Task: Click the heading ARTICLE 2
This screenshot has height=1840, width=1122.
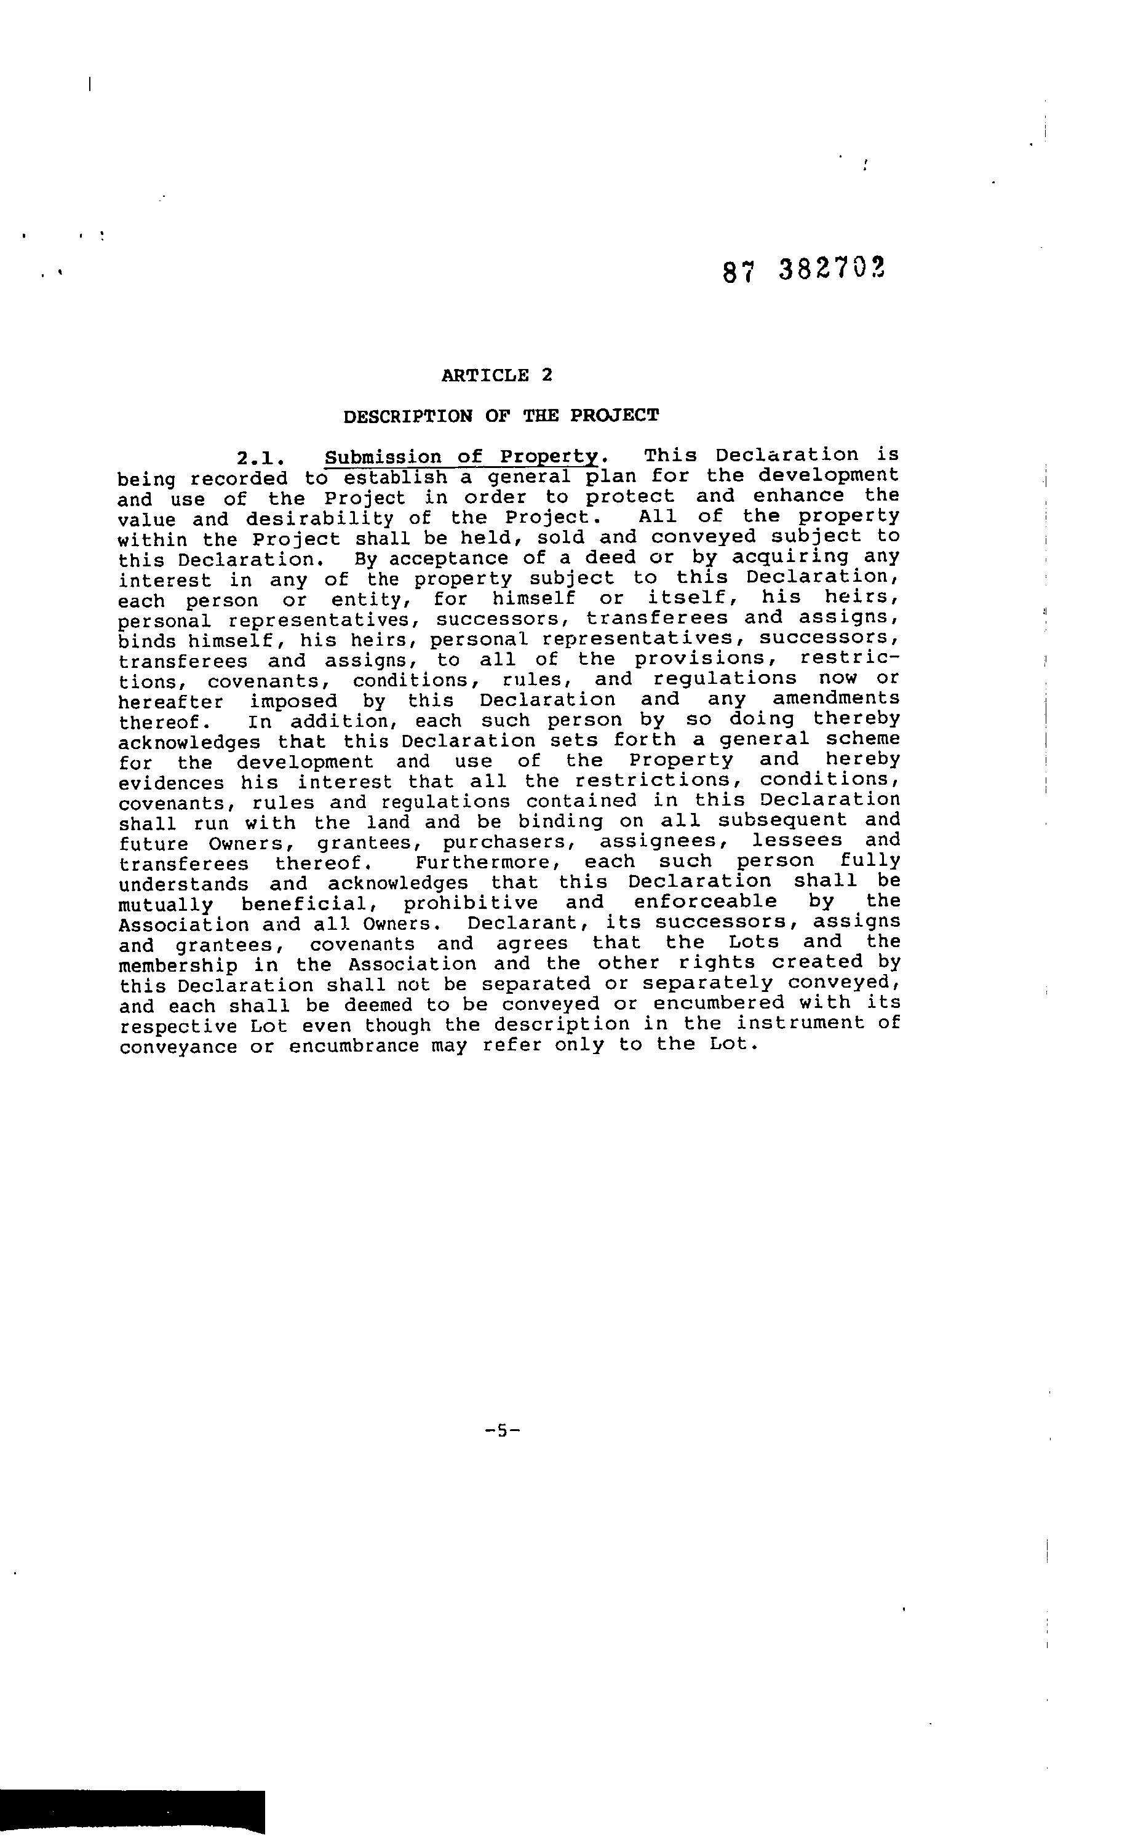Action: [497, 375]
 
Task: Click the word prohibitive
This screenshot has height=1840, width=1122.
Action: [471, 903]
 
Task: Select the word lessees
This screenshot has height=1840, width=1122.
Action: [797, 841]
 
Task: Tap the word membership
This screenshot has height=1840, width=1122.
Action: [178, 965]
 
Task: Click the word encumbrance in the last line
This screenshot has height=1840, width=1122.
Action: [354, 1045]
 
